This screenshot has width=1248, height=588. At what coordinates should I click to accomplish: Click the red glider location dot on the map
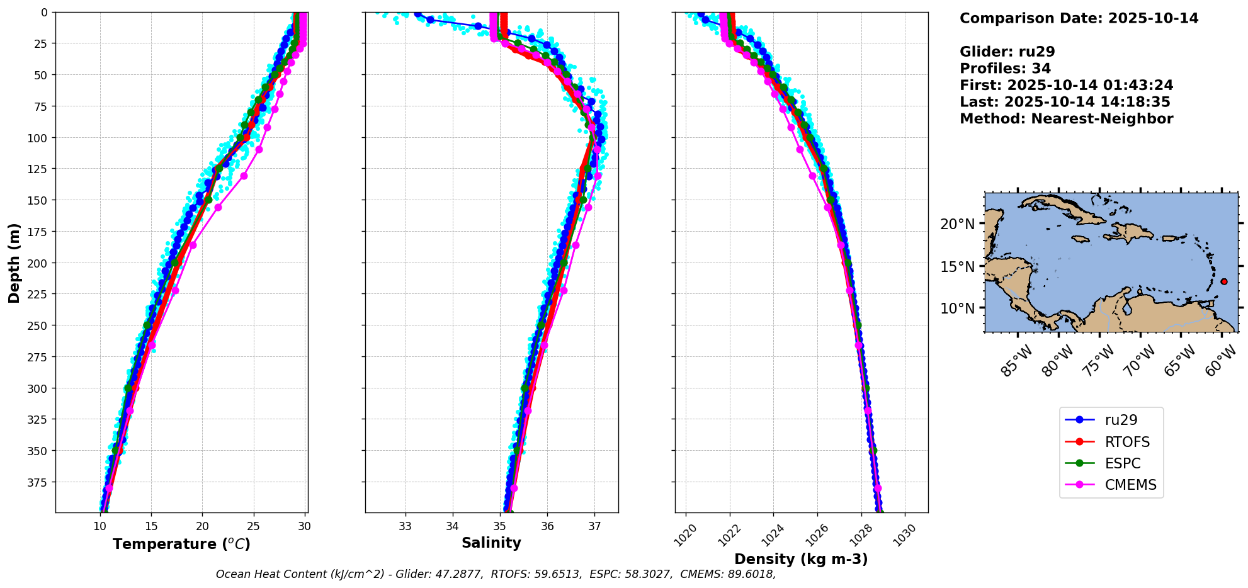[1223, 281]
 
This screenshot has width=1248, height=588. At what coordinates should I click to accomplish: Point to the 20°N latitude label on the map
[957, 224]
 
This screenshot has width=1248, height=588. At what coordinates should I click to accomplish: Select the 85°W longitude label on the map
[1016, 362]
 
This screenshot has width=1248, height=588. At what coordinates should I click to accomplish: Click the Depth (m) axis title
[14, 263]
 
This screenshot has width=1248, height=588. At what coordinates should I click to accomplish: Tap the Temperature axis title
[181, 544]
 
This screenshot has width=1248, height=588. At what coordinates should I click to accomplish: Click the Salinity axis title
[491, 543]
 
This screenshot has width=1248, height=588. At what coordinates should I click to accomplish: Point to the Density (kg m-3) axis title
[801, 559]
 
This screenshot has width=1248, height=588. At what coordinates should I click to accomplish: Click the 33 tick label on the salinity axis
[405, 526]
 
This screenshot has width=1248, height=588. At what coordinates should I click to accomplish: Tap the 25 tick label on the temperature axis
[253, 526]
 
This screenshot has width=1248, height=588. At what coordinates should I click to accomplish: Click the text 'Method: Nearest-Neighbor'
[1066, 118]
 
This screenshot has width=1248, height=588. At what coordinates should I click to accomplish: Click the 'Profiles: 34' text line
[1005, 68]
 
